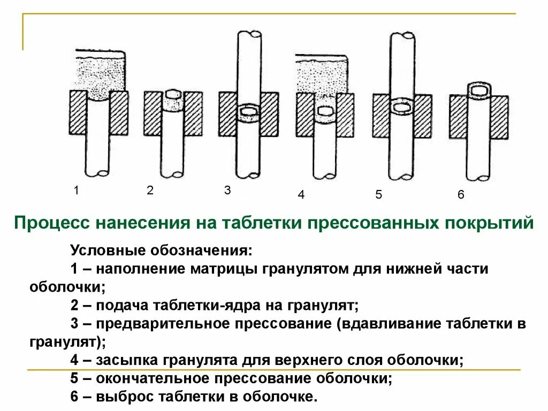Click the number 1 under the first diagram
pyautogui.click(x=77, y=190)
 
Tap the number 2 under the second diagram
pyautogui.click(x=150, y=190)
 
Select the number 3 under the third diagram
pyautogui.click(x=227, y=190)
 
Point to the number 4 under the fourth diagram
pyautogui.click(x=301, y=195)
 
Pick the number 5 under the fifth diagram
pyautogui.click(x=378, y=195)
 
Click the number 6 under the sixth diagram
pyautogui.click(x=461, y=195)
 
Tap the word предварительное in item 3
pyautogui.click(x=158, y=324)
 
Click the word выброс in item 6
pyautogui.click(x=122, y=397)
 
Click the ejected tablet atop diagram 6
pyautogui.click(x=478, y=91)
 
